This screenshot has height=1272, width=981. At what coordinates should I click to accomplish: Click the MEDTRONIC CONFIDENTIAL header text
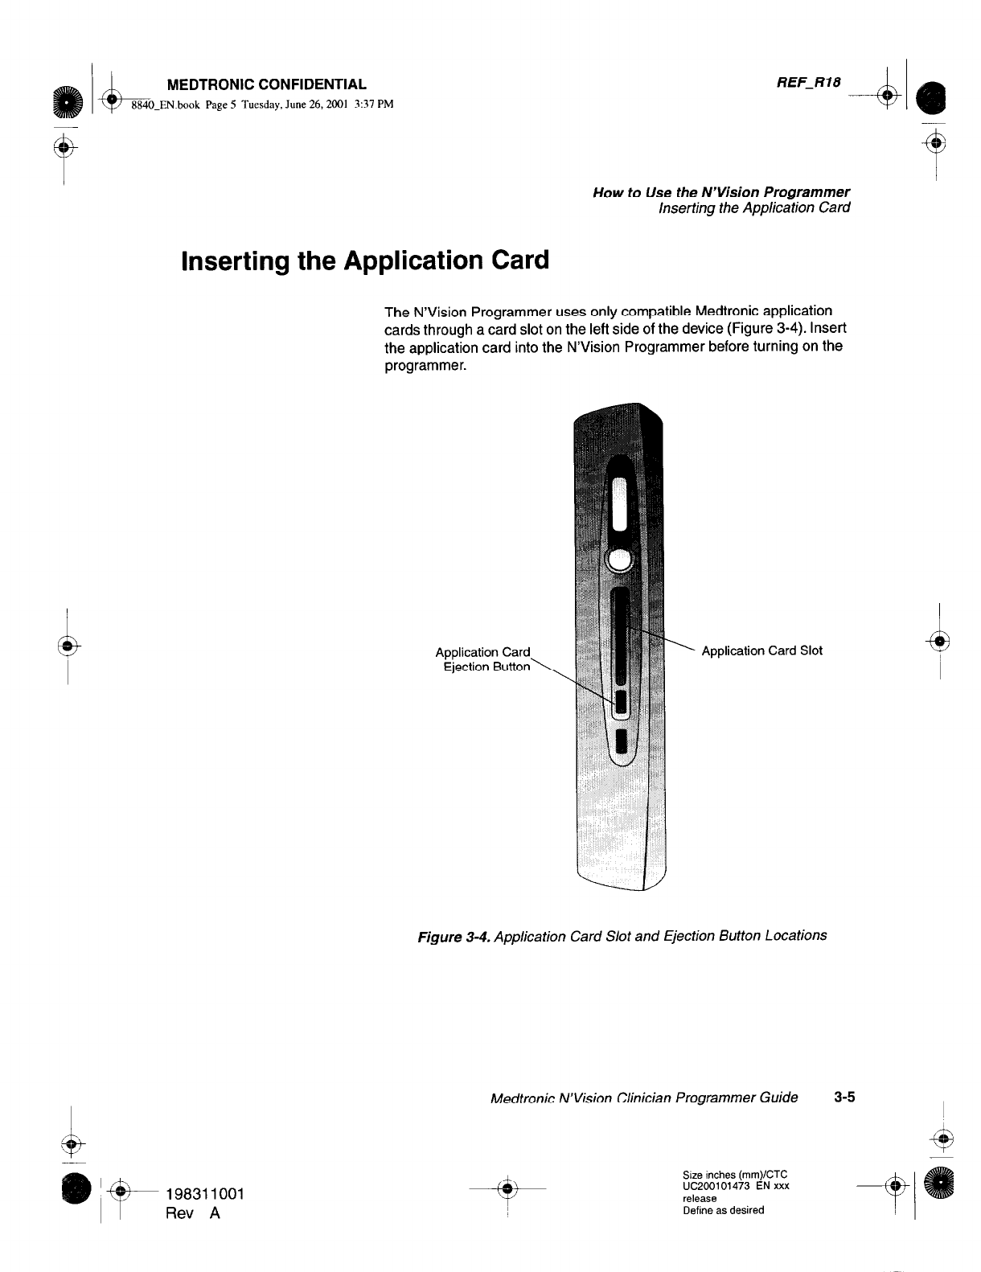coord(266,84)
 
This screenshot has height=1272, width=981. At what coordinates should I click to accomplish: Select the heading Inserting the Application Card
coord(366,261)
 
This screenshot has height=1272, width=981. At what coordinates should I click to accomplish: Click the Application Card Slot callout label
coord(761,650)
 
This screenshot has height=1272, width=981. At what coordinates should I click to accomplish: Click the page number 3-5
coord(843,1097)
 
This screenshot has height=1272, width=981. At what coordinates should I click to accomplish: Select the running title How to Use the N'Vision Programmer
coord(720,192)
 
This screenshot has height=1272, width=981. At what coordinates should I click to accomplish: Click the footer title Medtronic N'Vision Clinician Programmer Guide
coord(644,1098)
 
